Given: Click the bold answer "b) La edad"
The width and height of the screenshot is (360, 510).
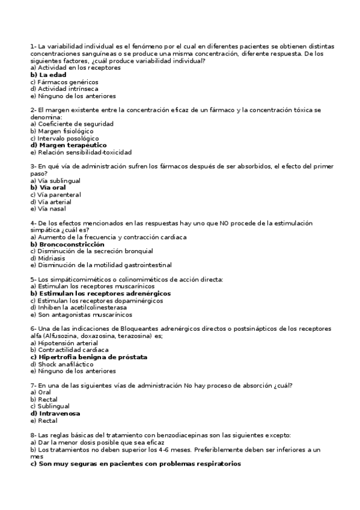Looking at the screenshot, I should click(48, 75).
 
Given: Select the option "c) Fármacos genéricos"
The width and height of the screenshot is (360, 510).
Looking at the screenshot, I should click(64, 82).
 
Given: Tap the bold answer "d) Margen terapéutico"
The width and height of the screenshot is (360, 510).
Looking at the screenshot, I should click(69, 145).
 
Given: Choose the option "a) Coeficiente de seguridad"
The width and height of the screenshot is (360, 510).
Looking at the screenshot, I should click(72, 124).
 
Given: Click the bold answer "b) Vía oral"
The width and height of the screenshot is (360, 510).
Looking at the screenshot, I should click(48, 188).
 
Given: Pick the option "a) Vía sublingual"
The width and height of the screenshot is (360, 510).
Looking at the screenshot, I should click(55, 180).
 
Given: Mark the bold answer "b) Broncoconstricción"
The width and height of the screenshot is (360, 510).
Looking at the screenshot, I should click(67, 244).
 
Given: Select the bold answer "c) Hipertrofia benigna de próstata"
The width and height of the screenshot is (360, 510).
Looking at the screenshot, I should click(88, 357).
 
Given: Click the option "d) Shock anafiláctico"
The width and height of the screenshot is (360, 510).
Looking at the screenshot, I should click(62, 364).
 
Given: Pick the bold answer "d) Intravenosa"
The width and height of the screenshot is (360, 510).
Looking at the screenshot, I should click(55, 413).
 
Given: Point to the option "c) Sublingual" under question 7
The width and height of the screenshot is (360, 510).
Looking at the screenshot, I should click(49, 406).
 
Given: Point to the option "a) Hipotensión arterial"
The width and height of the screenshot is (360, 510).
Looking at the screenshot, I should click(64, 343).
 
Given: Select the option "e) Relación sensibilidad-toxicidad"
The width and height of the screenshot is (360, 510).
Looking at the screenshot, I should click(81, 152).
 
